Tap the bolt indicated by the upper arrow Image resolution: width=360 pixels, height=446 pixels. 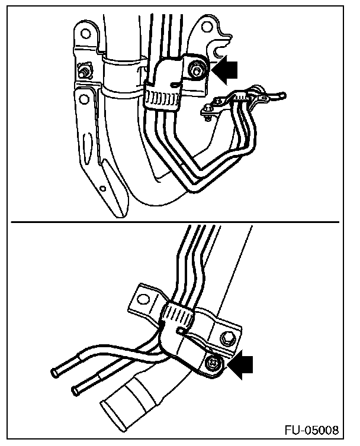pos(195,70)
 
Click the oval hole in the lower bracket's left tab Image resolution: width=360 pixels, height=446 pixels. pos(144,295)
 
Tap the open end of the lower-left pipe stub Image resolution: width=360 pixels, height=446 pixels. pos(76,390)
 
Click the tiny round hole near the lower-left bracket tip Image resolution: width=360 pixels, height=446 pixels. pos(103,189)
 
